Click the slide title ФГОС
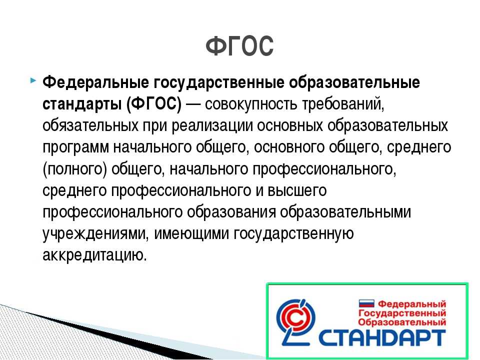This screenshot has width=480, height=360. pos(239,46)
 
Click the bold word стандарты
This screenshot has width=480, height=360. pos(81,104)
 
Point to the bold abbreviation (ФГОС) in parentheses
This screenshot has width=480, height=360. pos(153,104)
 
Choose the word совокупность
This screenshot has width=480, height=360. pos(251,104)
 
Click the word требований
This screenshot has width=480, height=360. pos(343,104)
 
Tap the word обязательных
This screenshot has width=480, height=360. pos(90,125)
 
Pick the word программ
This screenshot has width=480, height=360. pos(75,147)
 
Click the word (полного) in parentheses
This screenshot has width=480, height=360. pos(75,169)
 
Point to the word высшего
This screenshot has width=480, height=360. pos(297,190)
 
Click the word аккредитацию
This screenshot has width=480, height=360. pos(95,255)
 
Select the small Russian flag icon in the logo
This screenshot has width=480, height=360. pos(366,303)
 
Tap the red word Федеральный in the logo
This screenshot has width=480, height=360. pos(412,304)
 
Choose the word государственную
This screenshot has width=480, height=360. pos(294,233)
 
